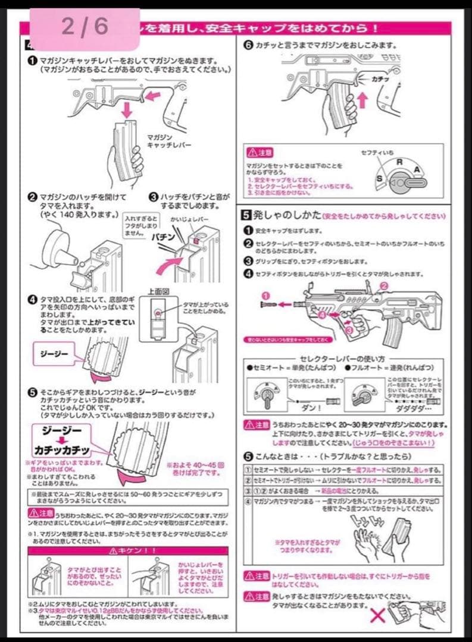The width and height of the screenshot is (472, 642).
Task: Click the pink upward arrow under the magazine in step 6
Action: click(361, 99)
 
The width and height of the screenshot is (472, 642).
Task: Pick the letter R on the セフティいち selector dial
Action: click(399, 161)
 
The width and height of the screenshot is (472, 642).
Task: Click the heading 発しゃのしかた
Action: click(280, 215)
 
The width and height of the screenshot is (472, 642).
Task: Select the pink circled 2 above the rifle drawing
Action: click(384, 285)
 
